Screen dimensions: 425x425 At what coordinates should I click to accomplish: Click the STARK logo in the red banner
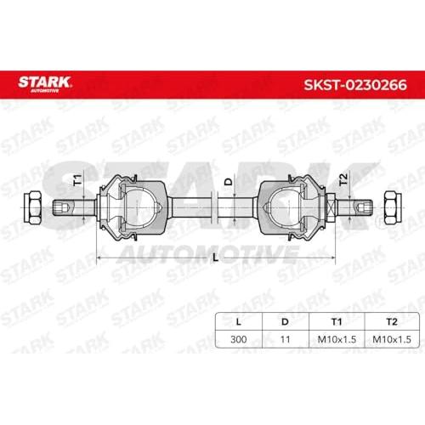tap(44, 84)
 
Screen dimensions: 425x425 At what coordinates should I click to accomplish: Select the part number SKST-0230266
tap(355, 85)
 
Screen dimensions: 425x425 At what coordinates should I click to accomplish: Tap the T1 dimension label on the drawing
tap(77, 180)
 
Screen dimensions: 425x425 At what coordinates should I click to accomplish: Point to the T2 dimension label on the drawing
tap(343, 179)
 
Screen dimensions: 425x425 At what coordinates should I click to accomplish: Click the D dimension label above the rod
tap(228, 181)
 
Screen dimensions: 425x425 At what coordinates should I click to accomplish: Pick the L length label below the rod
tap(216, 258)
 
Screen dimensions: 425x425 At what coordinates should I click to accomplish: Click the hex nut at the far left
tap(32, 207)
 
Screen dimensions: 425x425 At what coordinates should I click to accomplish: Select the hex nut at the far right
tap(393, 207)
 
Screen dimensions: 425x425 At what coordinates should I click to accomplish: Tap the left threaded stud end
tap(74, 207)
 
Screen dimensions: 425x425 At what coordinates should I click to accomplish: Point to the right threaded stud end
tap(354, 207)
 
